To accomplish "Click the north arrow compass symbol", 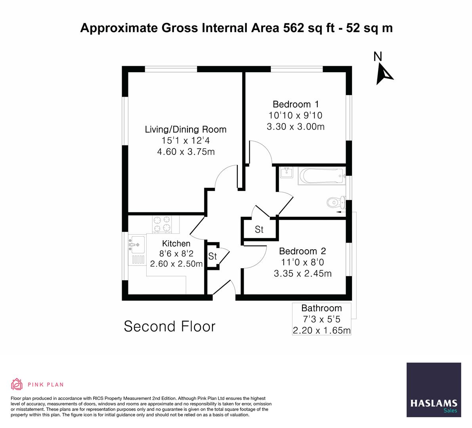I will [384, 74].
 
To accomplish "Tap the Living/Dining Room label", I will [185, 129].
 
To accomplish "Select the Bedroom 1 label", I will [296, 104].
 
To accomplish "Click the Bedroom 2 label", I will [302, 251].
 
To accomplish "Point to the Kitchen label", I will [176, 243].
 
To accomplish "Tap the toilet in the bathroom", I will [335, 203].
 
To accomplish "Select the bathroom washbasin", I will [286, 173].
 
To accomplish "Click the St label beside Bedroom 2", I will [259, 229].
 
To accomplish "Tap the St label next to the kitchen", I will [212, 256].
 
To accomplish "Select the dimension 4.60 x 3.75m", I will [185, 152].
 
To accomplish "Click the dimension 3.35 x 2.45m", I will [302, 273].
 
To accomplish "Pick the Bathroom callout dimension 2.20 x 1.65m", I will [321, 330].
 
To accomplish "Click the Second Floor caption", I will [170, 327].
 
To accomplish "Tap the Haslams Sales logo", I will [434, 390].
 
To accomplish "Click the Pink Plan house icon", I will [17, 384].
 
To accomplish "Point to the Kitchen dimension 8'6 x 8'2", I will [176, 254].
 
